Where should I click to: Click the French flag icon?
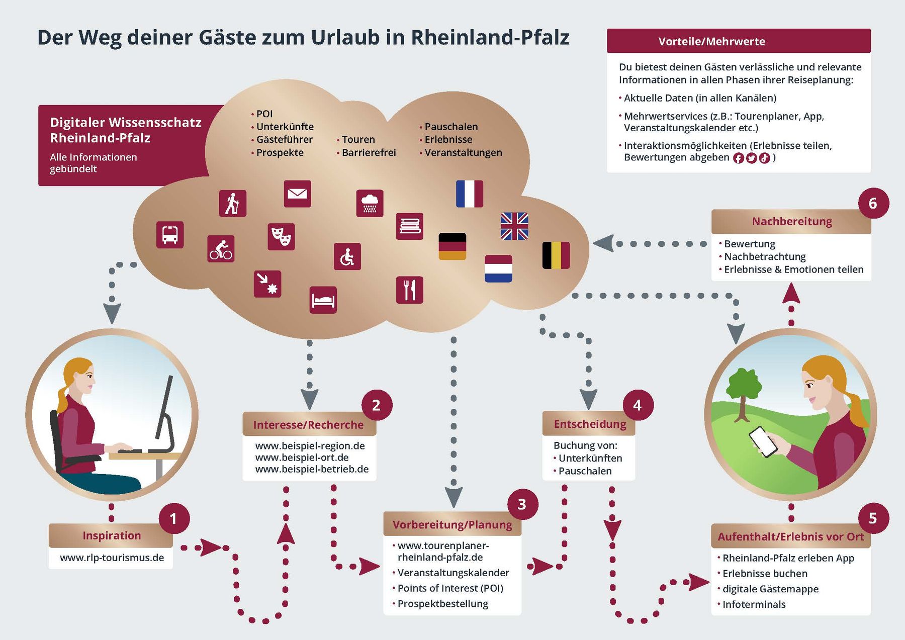(469, 194)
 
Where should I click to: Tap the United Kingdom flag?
(514, 226)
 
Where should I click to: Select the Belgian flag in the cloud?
(556, 255)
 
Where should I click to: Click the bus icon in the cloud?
(170, 235)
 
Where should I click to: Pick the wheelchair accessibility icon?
(347, 256)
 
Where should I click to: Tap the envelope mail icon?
(297, 194)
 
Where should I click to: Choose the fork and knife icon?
(409, 290)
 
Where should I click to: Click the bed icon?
(323, 300)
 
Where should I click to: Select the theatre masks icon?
(281, 236)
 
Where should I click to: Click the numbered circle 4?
(638, 405)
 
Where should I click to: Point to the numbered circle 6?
(873, 203)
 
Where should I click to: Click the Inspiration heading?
(112, 535)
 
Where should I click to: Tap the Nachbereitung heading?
(791, 221)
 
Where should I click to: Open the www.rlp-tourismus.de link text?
(112, 558)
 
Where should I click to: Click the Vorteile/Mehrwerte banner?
(739, 41)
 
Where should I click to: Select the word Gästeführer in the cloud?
(284, 139)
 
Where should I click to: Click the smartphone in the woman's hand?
(763, 441)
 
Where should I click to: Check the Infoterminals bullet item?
(754, 604)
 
